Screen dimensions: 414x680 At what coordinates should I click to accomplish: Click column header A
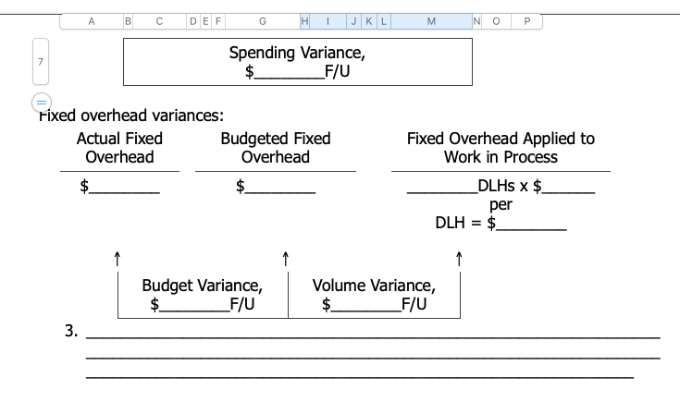pos(92,21)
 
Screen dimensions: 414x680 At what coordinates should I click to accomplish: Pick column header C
pos(158,21)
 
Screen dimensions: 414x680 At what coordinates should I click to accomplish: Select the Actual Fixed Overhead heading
pos(119,148)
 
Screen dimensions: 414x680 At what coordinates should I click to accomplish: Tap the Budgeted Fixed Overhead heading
pos(276,148)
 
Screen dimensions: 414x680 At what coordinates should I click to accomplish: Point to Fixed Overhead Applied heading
pos(501,148)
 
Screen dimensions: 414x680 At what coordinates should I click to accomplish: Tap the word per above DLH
pos(501,205)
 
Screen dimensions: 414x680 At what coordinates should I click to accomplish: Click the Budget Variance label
pos(203,285)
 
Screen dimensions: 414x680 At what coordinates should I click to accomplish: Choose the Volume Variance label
pos(373,285)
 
